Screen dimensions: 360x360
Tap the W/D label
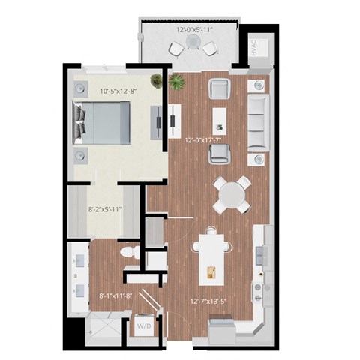(142, 327)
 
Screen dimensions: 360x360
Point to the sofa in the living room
(257, 120)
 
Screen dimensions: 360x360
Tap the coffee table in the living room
(220, 117)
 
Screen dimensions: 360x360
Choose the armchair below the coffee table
(220, 154)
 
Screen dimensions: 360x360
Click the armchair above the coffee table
(220, 88)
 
